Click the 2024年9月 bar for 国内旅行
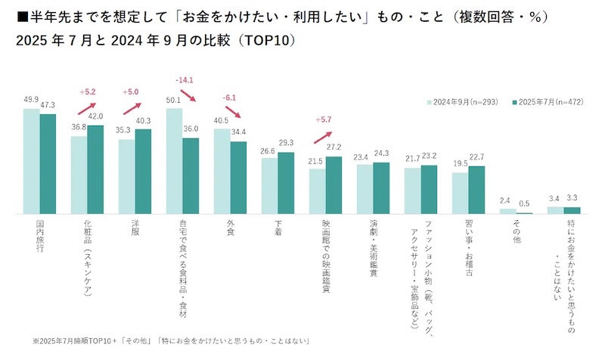click(x=31, y=161)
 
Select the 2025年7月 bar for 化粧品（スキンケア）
click(x=95, y=169)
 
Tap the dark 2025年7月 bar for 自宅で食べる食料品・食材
click(x=191, y=176)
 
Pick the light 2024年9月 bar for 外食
click(x=222, y=171)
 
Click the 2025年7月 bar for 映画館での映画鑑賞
click(x=334, y=185)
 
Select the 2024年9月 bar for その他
click(x=507, y=211)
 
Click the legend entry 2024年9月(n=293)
click(x=461, y=101)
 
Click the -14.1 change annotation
click(x=185, y=79)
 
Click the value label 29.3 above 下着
click(x=286, y=143)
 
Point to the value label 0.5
click(x=524, y=203)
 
